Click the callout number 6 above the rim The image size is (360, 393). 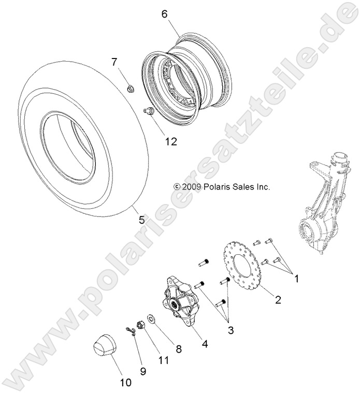[164, 14]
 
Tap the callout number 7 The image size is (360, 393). [114, 63]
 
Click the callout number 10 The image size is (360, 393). [125, 383]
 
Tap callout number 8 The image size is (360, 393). [179, 349]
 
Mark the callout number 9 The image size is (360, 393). [143, 371]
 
